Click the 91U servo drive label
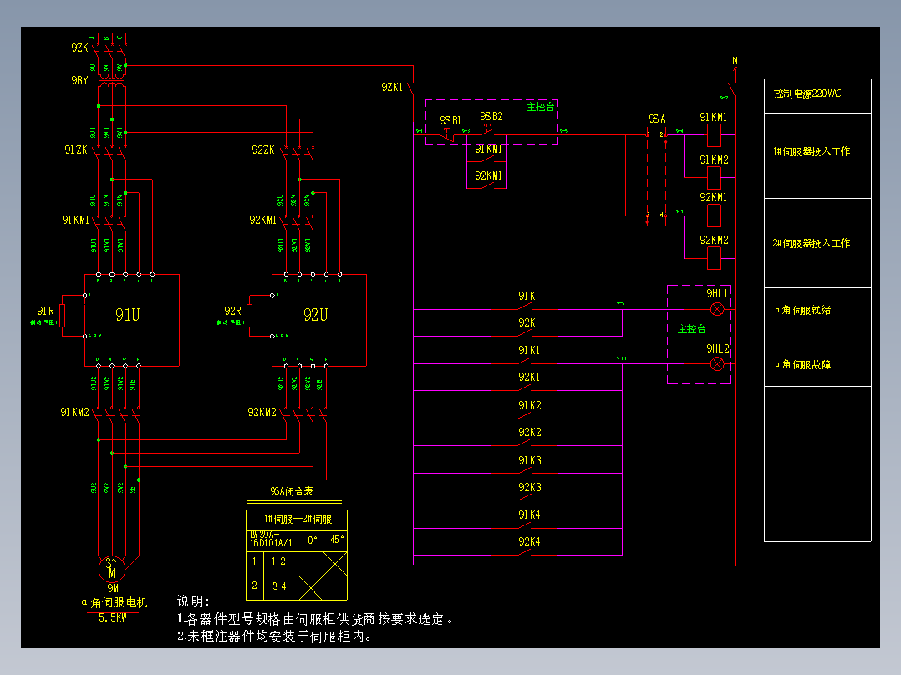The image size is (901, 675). click(x=128, y=315)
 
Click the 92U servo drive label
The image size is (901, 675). click(x=315, y=315)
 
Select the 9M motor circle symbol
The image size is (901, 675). click(x=112, y=569)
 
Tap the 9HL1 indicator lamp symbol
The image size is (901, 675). click(x=716, y=309)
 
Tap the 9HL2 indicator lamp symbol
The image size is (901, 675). click(x=716, y=363)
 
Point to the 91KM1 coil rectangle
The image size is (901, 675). click(x=714, y=134)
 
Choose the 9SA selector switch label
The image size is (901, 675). click(x=656, y=119)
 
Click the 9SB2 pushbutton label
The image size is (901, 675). click(x=491, y=116)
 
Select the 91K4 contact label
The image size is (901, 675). click(x=529, y=515)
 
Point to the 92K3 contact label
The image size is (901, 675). click(x=529, y=487)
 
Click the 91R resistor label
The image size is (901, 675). click(x=46, y=311)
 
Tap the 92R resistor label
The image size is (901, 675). click(x=232, y=311)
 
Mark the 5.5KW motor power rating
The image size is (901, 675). click(x=113, y=618)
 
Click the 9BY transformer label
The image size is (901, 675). click(x=79, y=80)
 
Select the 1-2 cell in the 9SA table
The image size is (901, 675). click(x=278, y=561)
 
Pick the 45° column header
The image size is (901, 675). click(x=336, y=540)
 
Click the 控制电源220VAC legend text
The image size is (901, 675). click(x=807, y=94)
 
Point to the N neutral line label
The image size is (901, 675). click(x=735, y=60)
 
